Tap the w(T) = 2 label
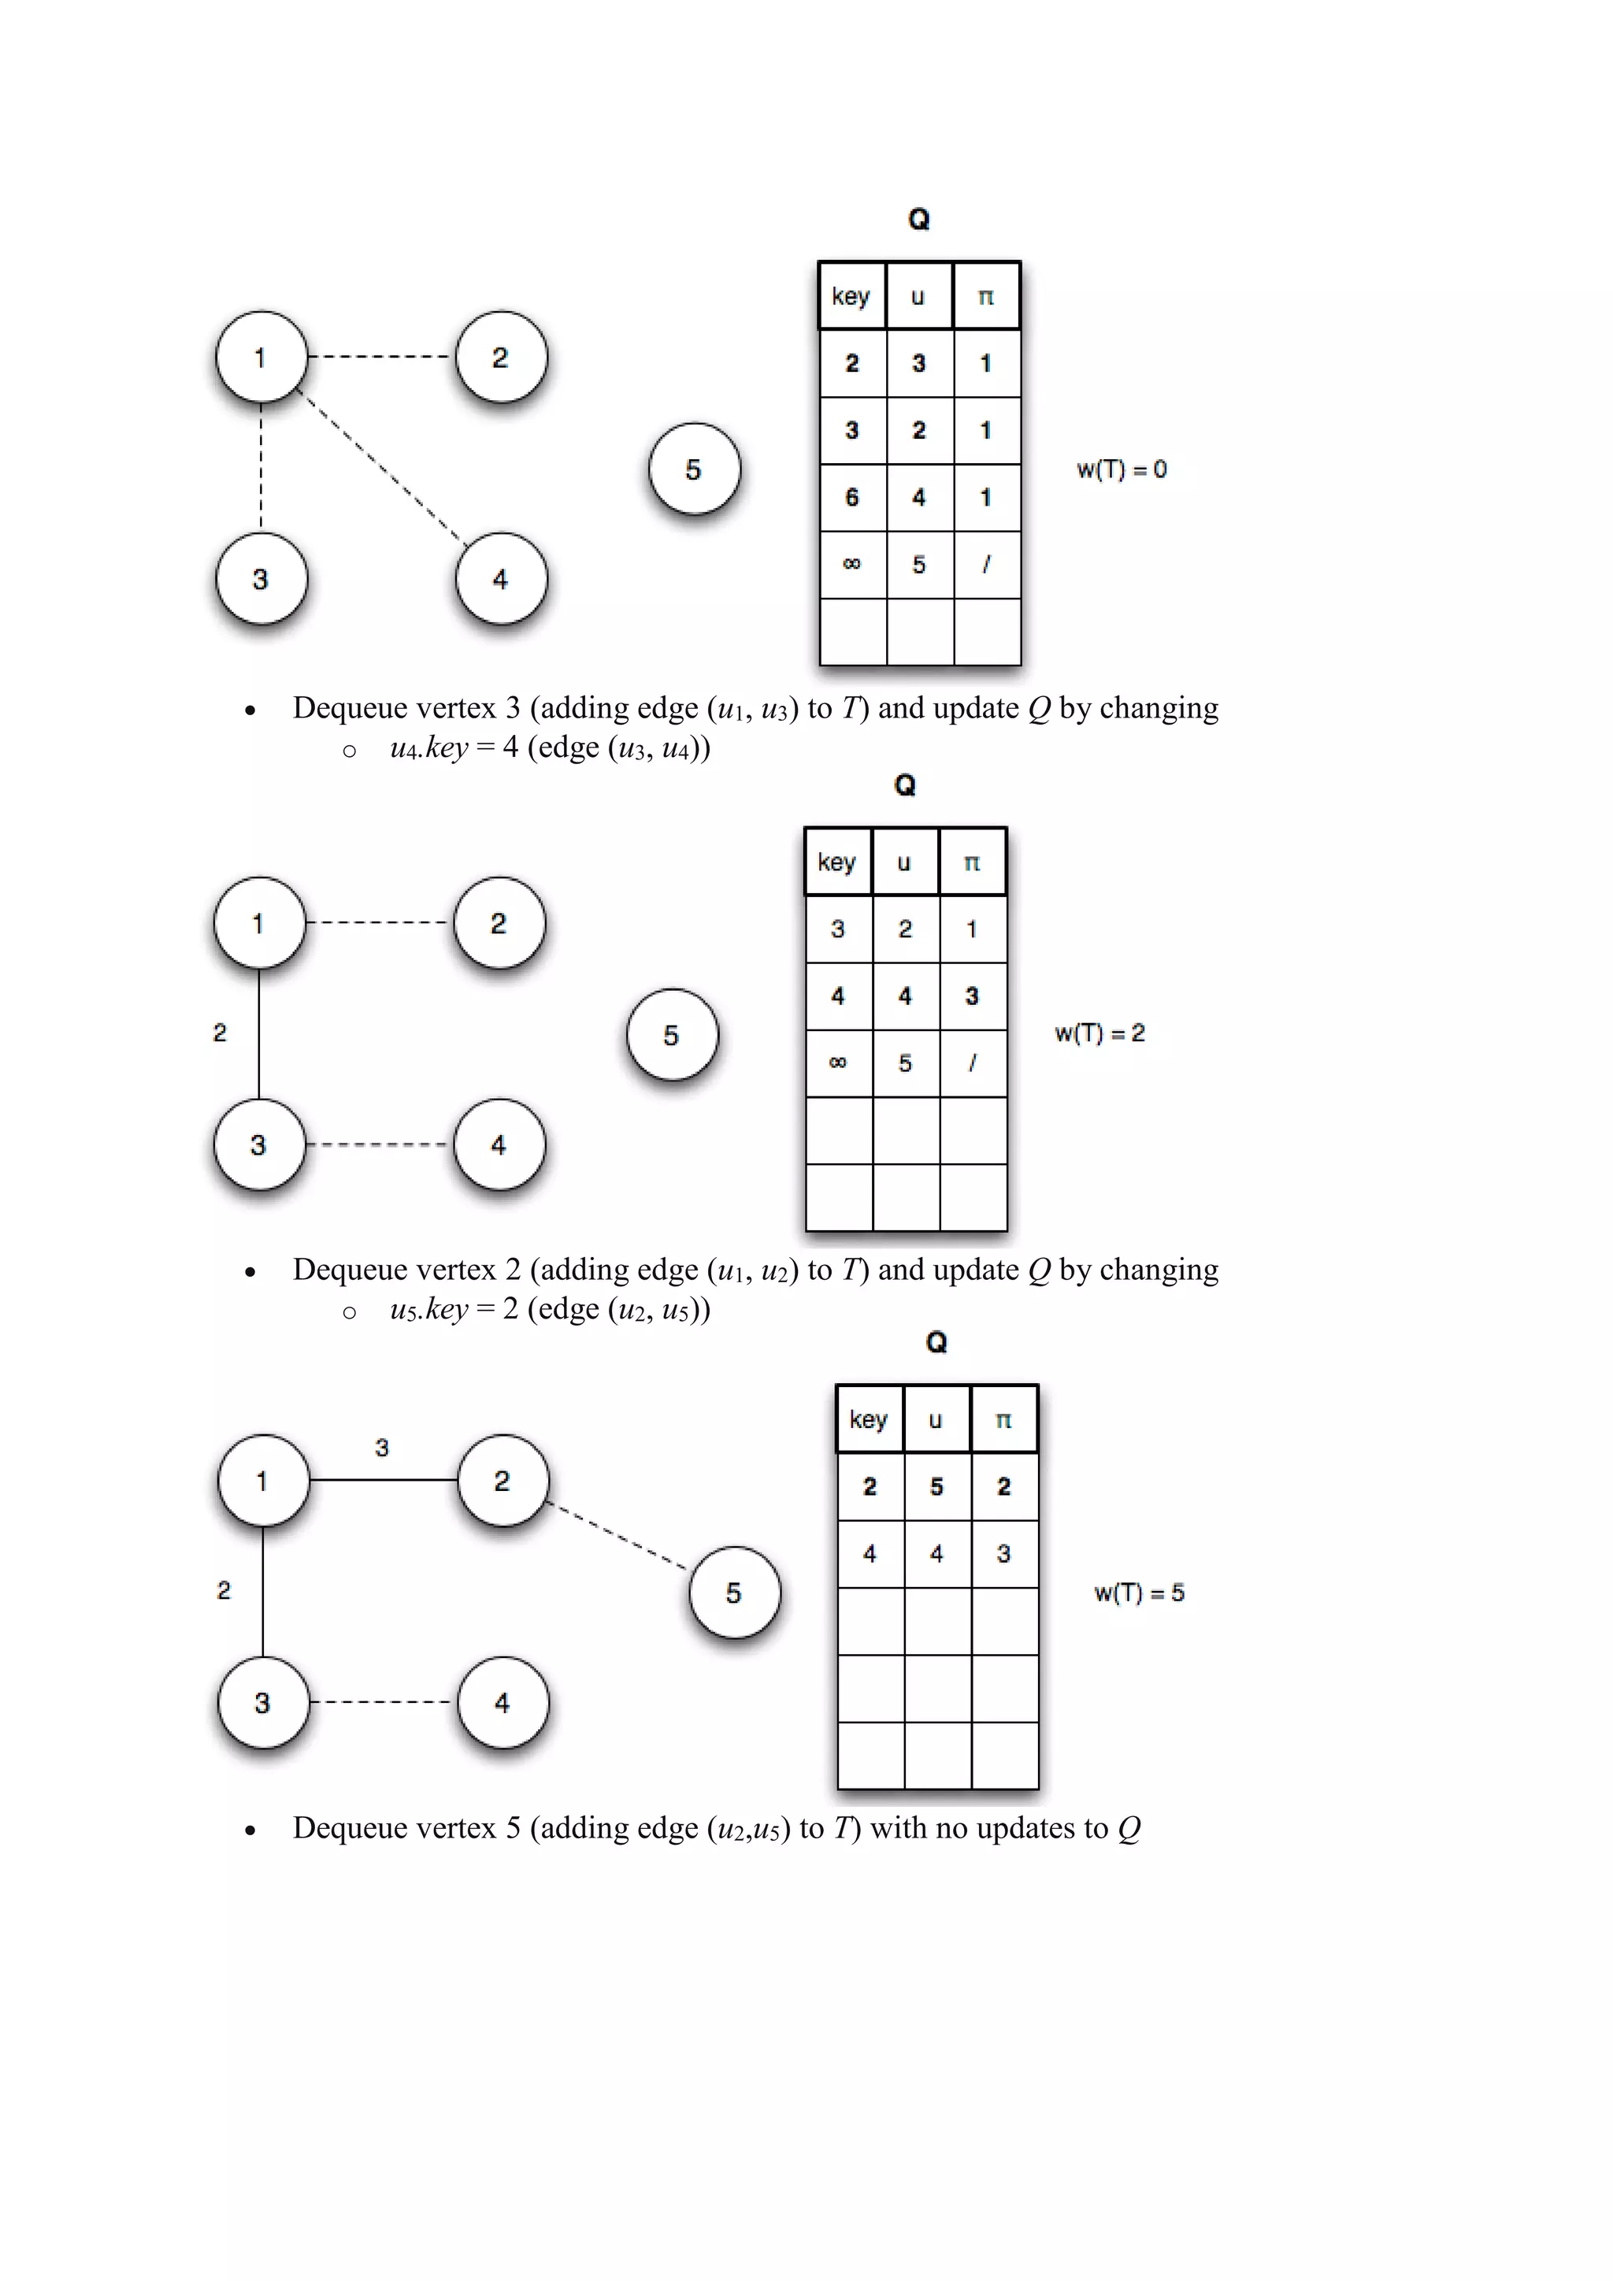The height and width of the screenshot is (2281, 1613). pyautogui.click(x=1099, y=1033)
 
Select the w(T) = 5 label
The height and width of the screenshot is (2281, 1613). pyautogui.click(x=1139, y=1593)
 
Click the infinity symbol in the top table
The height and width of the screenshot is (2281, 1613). pyautogui.click(x=851, y=564)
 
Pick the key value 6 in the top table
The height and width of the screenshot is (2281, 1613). pyautogui.click(x=851, y=497)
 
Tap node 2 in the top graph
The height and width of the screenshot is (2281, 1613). pyautogui.click(x=501, y=357)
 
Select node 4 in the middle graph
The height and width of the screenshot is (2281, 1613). pyautogui.click(x=499, y=1144)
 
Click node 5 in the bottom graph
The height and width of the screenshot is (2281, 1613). pyautogui.click(x=734, y=1593)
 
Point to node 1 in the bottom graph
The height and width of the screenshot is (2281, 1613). pyautogui.click(x=262, y=1480)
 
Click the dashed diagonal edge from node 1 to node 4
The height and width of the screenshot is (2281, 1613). pyautogui.click(x=381, y=467)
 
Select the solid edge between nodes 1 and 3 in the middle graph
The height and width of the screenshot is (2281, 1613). pyautogui.click(x=259, y=1033)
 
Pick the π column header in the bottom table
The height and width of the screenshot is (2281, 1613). pyautogui.click(x=1003, y=1419)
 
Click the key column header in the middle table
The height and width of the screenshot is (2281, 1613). pyautogui.click(x=836, y=862)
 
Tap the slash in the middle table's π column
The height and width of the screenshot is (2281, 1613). pyautogui.click(x=971, y=1063)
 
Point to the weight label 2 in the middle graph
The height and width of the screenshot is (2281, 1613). pyautogui.click(x=220, y=1033)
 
